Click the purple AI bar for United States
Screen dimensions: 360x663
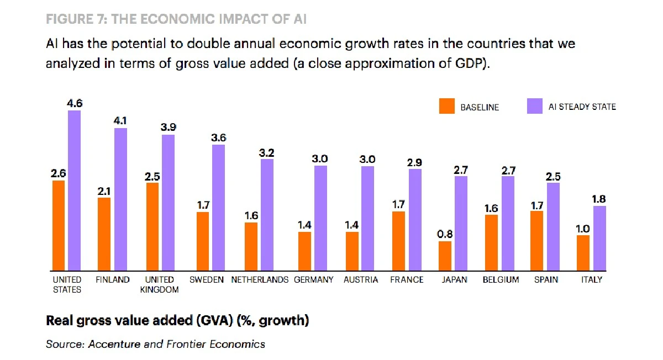[74, 190]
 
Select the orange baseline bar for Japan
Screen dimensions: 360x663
[445, 255]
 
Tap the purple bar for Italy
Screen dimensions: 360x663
[599, 237]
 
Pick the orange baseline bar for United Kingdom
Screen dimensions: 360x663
[152, 226]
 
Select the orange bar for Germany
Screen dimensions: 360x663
[304, 251]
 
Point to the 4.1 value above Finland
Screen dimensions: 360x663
[120, 120]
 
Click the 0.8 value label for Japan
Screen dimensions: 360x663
[445, 234]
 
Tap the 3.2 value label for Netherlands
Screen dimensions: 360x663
[267, 151]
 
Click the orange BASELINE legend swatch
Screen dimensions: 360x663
[446, 107]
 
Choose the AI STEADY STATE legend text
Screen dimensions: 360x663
[582, 107]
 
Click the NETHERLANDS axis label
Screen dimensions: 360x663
[260, 280]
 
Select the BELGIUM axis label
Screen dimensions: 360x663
[501, 280]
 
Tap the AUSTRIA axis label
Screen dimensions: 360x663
[361, 280]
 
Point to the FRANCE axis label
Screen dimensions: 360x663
[407, 280]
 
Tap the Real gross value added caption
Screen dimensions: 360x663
[177, 320]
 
